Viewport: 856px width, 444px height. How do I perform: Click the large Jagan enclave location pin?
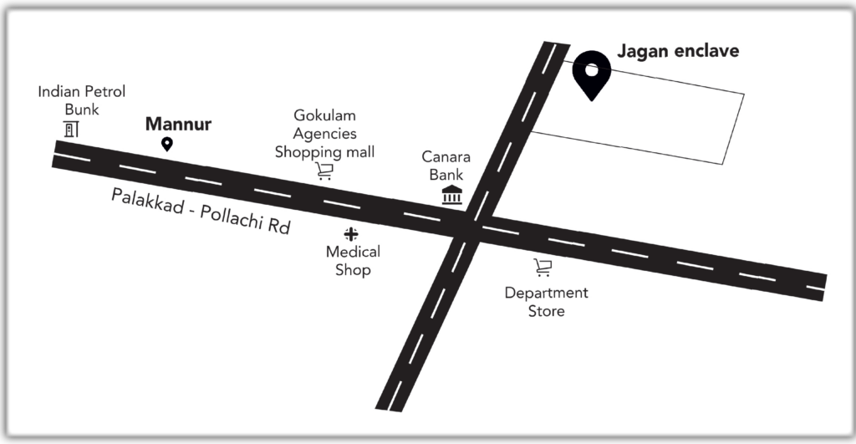pos(591,73)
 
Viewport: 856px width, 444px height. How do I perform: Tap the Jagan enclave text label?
pos(678,51)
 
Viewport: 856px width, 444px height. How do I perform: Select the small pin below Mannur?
pos(166,145)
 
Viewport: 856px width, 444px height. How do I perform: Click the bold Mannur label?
pos(178,125)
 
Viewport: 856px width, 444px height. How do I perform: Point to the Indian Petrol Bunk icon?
pos(71,130)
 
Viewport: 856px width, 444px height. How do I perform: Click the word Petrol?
pos(104,92)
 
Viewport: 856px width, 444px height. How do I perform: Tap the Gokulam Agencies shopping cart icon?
pos(324,171)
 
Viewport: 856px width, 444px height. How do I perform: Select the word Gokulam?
pos(325,115)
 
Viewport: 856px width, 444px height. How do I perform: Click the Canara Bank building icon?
pos(451,196)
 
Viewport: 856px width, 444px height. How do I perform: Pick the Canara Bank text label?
pos(446,166)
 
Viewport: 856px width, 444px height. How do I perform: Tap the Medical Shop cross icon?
pos(351,234)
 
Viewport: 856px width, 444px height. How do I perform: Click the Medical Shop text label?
pos(353,261)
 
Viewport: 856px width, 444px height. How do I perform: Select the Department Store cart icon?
pos(543,268)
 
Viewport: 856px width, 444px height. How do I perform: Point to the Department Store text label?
pos(546,302)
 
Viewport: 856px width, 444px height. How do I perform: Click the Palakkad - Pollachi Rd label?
pos(201,212)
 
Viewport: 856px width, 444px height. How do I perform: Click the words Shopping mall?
pos(325,152)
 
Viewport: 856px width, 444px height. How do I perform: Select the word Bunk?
pos(82,110)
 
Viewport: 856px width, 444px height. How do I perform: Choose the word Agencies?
pos(324,134)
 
